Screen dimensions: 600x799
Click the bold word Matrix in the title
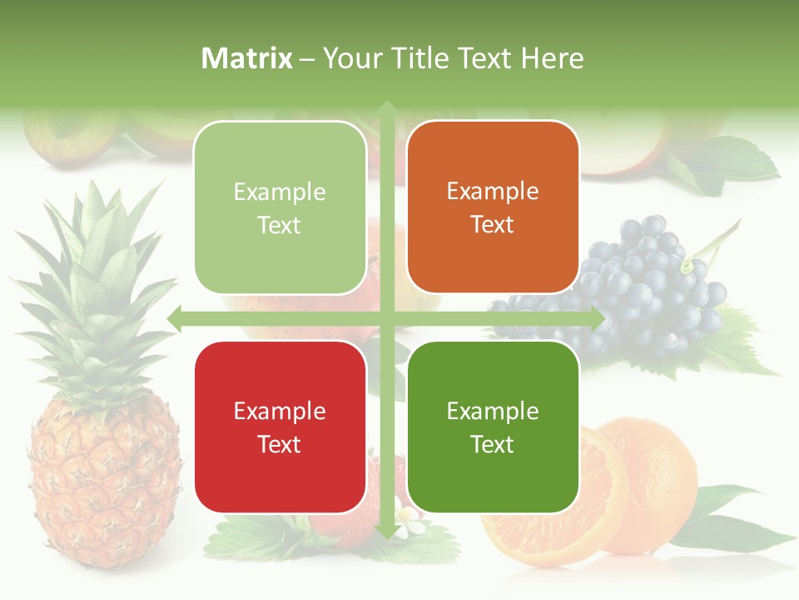tap(247, 58)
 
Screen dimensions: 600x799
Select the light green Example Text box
tap(280, 207)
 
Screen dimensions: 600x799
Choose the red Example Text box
tap(280, 427)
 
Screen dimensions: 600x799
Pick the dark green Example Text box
tap(493, 427)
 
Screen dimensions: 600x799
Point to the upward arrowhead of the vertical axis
tap(386, 107)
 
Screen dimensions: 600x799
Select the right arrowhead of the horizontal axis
tap(597, 318)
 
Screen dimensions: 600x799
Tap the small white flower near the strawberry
tap(408, 521)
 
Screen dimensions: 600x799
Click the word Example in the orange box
tap(493, 191)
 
